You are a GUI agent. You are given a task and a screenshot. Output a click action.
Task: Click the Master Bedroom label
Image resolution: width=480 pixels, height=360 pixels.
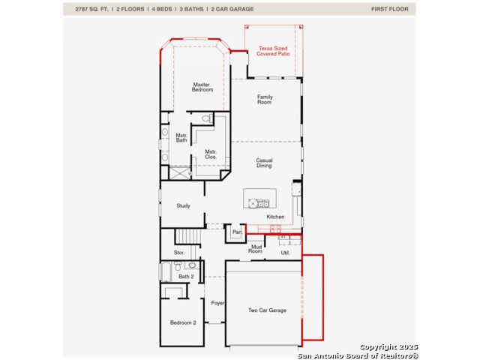point(202,87)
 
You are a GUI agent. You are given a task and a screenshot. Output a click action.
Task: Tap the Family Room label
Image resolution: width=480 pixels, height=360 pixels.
point(265,100)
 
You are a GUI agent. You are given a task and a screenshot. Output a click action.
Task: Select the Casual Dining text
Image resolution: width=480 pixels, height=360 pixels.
point(264,163)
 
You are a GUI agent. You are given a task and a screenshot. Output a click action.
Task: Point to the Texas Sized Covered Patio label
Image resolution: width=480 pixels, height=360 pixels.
point(273,51)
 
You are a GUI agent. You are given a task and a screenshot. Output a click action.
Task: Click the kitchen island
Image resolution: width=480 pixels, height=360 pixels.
point(260,198)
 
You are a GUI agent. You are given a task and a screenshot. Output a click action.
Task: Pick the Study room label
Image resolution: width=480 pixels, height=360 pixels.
point(183,205)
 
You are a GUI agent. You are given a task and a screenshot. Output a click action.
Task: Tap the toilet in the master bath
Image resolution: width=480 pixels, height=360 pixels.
point(207,118)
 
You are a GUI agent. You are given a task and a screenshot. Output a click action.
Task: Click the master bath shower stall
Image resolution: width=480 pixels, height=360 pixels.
point(180,173)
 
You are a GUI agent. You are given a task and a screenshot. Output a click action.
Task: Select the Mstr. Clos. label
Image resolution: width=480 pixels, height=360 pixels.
point(211,154)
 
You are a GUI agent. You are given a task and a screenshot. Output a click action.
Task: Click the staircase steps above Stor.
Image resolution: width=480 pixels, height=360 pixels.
point(188,236)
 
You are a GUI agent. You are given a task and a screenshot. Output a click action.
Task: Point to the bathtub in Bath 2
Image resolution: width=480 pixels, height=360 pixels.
point(166,271)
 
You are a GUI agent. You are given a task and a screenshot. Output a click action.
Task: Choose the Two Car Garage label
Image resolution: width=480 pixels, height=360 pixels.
point(267,310)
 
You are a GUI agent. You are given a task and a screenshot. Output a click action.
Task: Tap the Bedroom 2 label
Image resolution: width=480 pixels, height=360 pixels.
point(183,322)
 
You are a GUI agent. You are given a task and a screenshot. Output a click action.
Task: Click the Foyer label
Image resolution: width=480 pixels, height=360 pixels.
point(217,303)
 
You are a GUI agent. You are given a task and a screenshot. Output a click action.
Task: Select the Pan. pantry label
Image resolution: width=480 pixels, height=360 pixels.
point(237,232)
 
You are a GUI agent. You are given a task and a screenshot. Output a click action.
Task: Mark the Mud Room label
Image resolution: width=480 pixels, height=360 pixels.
point(256,248)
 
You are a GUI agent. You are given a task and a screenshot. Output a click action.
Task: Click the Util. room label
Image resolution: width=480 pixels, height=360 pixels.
point(285,253)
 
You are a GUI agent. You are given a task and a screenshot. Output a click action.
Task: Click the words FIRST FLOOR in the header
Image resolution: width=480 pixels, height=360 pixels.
point(390,9)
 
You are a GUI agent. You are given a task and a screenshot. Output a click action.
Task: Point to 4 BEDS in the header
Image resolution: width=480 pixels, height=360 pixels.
point(162,9)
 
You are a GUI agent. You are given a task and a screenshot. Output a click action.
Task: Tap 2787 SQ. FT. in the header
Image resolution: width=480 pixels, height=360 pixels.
point(91,9)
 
